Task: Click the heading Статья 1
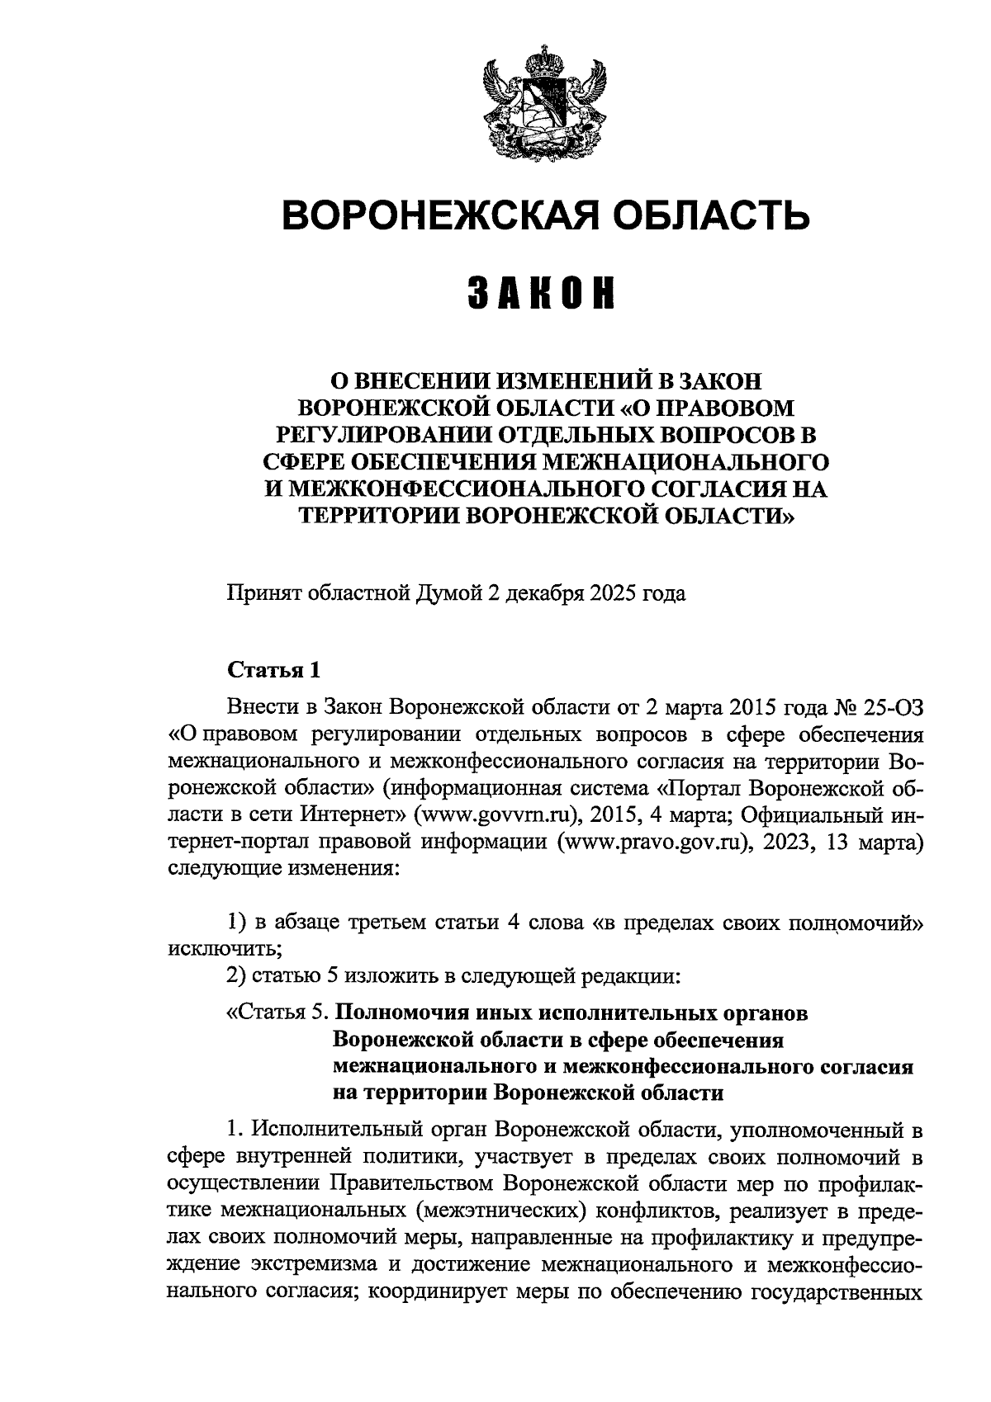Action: [273, 670]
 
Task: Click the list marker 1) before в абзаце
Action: [237, 923]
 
